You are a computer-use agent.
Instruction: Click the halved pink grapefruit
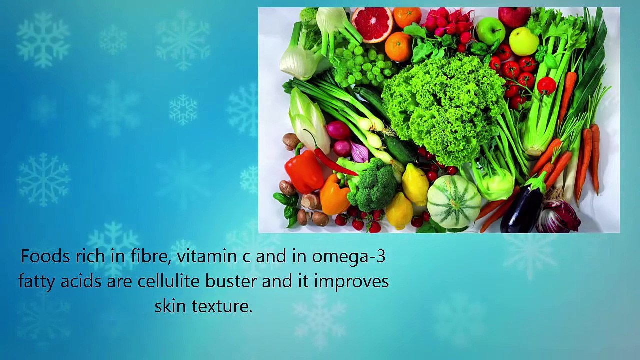tap(372, 24)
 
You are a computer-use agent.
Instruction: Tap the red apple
tap(514, 16)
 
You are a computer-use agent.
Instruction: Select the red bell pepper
tap(304, 171)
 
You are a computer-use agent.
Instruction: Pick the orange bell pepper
tap(334, 195)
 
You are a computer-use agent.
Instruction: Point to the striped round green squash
tap(454, 201)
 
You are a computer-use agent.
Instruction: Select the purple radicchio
tap(558, 216)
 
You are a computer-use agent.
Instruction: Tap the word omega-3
tap(349, 256)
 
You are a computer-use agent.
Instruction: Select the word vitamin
tap(207, 256)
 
